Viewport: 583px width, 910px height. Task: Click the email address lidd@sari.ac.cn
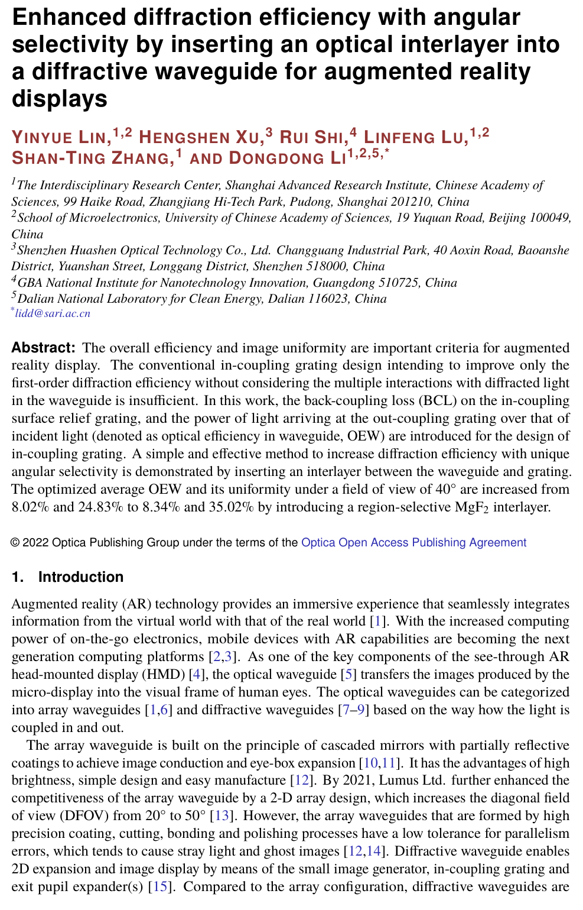(x=53, y=313)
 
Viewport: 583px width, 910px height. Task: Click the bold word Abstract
(x=43, y=348)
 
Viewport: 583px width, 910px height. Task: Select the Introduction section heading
(x=80, y=577)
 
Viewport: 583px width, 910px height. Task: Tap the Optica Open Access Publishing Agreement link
(x=413, y=543)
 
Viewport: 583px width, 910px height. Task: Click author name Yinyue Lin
(x=61, y=138)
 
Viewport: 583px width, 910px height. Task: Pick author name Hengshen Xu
(x=200, y=138)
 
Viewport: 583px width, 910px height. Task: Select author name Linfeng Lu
(x=413, y=138)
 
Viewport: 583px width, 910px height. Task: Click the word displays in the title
(x=60, y=98)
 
